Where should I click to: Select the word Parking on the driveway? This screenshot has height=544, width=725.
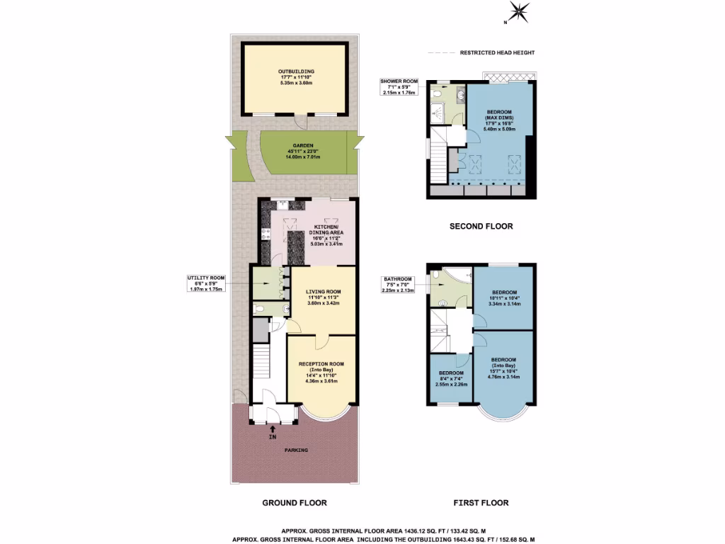pyautogui.click(x=296, y=450)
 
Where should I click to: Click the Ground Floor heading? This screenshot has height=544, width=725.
pyautogui.click(x=295, y=503)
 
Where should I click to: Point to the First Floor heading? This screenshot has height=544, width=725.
pyautogui.click(x=481, y=503)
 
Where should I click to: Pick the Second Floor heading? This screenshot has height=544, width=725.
pyautogui.click(x=481, y=227)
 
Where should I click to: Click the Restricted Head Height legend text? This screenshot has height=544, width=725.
pyautogui.click(x=497, y=52)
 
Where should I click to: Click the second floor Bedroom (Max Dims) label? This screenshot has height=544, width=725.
pyautogui.click(x=498, y=119)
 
